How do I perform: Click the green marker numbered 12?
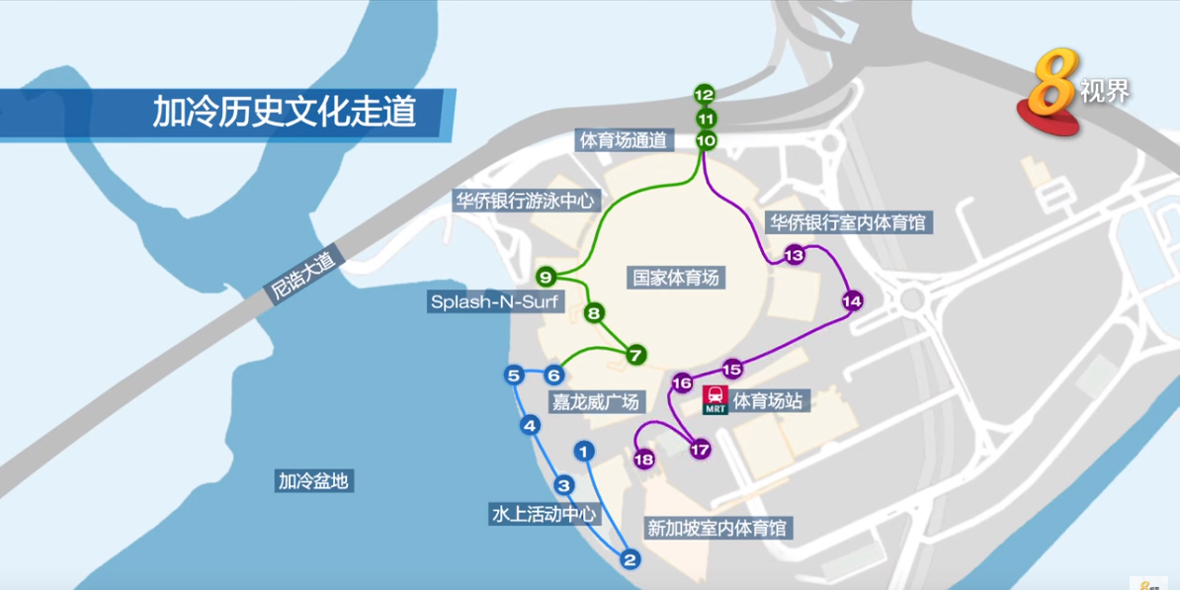[x=704, y=95]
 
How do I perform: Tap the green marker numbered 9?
[x=546, y=276]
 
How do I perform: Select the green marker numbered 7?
[x=635, y=354]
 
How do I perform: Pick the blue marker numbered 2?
[x=631, y=560]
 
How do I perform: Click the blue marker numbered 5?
[x=513, y=376]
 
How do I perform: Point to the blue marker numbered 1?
[x=584, y=452]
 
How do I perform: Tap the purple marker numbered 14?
[x=853, y=300]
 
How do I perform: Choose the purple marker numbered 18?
[x=644, y=460]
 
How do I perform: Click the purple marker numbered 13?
[x=794, y=256]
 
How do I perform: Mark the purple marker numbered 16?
[x=682, y=382]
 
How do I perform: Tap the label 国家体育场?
[x=677, y=278]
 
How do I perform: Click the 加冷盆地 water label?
[x=314, y=481]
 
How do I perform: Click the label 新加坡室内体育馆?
[x=718, y=529]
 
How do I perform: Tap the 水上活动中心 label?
[x=544, y=514]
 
